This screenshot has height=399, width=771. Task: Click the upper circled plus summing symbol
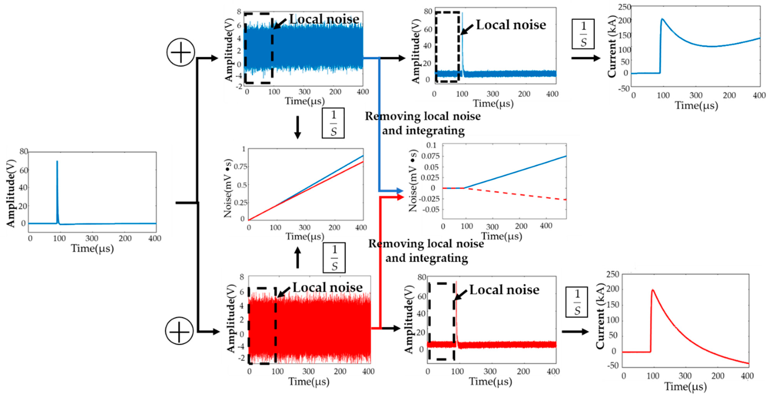(180, 52)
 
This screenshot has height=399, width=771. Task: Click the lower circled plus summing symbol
(179, 331)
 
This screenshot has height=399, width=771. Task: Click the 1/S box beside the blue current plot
(583, 34)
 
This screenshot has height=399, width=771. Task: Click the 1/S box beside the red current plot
(576, 302)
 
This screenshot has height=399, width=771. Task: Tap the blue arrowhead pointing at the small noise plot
(400, 191)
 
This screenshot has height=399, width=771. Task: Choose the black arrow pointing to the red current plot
(575, 331)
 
